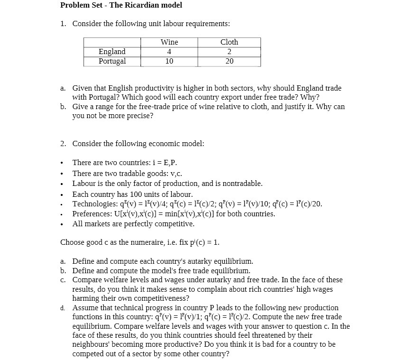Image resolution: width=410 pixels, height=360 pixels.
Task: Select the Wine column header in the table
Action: (x=169, y=42)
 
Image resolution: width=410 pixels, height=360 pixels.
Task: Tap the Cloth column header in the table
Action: (x=229, y=42)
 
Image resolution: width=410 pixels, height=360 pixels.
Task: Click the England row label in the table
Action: (x=112, y=52)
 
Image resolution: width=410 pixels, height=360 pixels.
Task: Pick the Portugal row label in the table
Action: (x=112, y=61)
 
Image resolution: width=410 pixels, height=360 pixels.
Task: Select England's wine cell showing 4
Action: (x=169, y=52)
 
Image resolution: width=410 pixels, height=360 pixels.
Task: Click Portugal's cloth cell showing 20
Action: (x=229, y=61)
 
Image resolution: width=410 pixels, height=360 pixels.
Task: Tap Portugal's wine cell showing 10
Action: (x=169, y=61)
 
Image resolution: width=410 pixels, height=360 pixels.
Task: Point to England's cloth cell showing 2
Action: (x=229, y=52)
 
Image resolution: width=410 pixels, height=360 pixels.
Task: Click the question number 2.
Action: (x=63, y=144)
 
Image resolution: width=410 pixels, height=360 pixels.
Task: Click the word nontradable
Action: (x=242, y=184)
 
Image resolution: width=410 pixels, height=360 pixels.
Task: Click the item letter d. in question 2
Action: (x=63, y=308)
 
